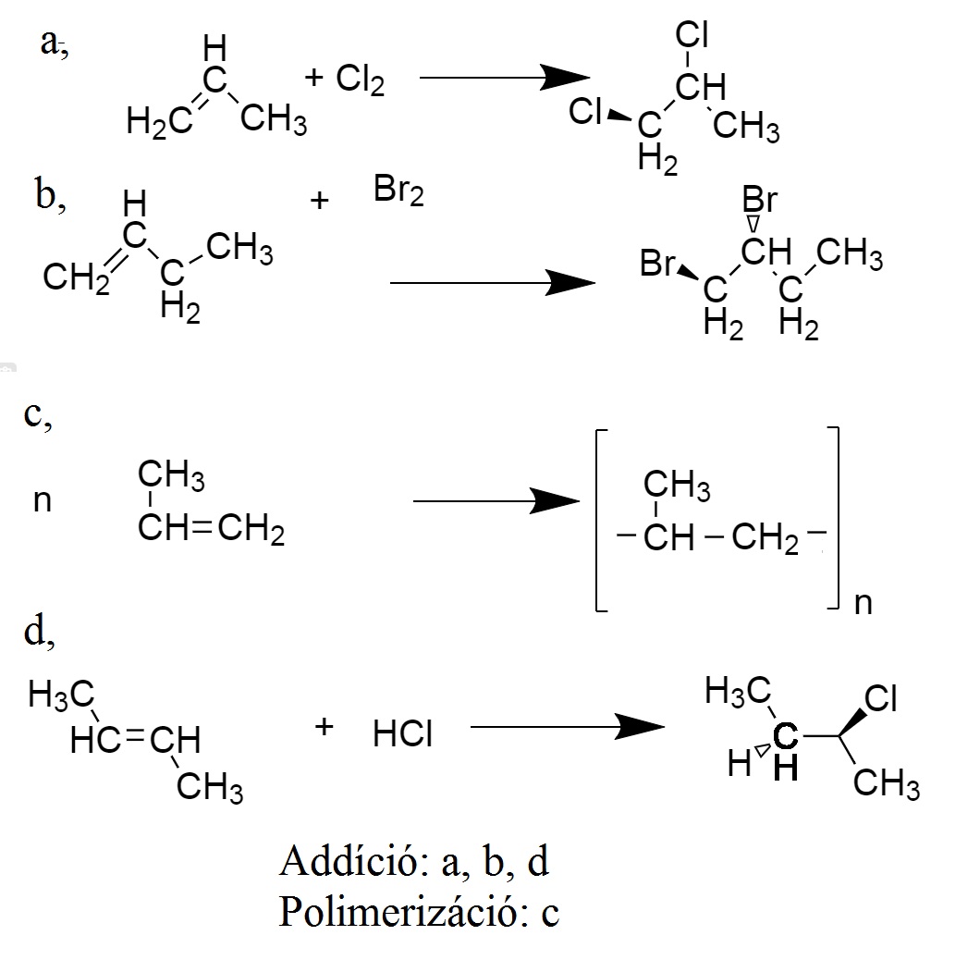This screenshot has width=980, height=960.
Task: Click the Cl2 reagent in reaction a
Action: (x=360, y=81)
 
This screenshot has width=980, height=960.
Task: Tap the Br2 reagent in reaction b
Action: (x=398, y=192)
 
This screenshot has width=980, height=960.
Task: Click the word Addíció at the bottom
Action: (x=350, y=862)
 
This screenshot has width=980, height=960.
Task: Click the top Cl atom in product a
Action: (x=692, y=35)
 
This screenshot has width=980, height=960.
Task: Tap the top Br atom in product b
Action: (x=759, y=201)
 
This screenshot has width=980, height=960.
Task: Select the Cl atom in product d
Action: (x=880, y=699)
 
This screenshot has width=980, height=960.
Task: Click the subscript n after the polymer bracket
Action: (x=863, y=604)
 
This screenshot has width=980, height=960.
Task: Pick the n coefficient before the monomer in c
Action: (x=42, y=502)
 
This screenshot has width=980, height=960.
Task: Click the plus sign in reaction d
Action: (x=324, y=727)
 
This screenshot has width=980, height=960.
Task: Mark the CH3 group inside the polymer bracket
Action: (x=676, y=484)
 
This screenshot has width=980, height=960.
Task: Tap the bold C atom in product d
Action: (x=784, y=737)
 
